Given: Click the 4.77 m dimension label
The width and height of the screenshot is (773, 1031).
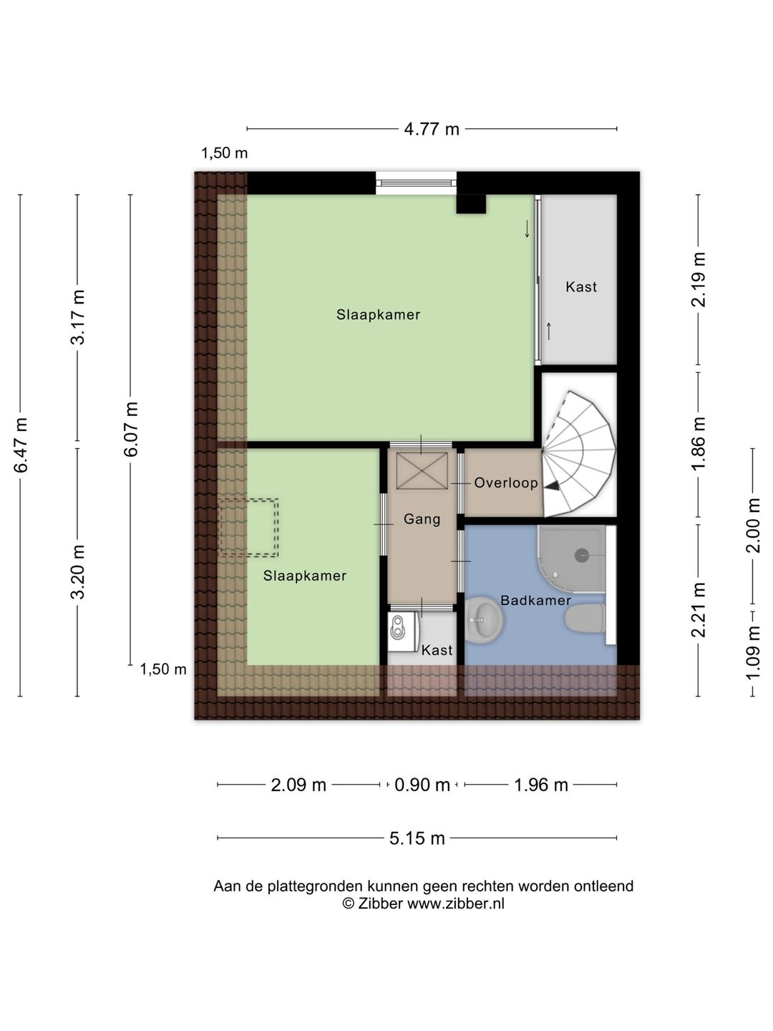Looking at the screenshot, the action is [x=432, y=129].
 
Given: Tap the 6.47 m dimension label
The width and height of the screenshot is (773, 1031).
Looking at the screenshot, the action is [x=21, y=445].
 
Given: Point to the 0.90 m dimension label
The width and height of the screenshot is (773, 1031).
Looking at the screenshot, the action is [x=422, y=785].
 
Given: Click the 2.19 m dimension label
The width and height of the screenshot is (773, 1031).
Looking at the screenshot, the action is [x=699, y=279].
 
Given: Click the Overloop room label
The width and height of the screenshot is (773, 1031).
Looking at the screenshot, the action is [x=506, y=483].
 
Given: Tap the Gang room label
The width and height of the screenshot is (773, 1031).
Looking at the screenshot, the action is [x=422, y=519].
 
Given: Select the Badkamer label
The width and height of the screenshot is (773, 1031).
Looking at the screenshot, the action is [x=535, y=600].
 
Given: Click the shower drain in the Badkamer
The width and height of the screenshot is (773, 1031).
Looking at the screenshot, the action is [x=582, y=556].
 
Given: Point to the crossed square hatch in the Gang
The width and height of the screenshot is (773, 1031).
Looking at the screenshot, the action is [x=422, y=470].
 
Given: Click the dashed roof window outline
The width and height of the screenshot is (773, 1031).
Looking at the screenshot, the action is [x=249, y=528].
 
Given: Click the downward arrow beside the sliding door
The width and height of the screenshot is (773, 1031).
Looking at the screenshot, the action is [x=527, y=228].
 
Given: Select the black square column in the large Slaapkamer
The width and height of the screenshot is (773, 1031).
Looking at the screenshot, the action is [x=471, y=204].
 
